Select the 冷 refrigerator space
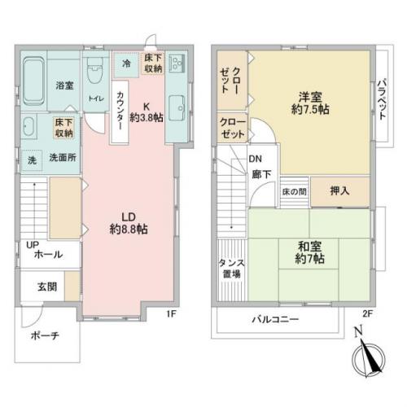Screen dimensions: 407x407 click(x=126, y=64)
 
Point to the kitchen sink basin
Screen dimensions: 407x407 click(x=177, y=105)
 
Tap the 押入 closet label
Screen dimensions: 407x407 click(x=340, y=190)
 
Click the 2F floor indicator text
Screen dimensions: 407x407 click(x=367, y=313)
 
